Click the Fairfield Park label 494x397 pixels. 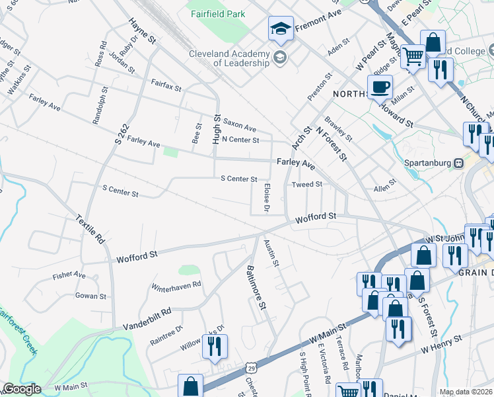point(217,14)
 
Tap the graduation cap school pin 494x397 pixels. point(281,29)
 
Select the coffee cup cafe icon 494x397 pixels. point(380,87)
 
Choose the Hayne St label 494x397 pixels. point(143,31)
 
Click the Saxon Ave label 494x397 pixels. point(239,125)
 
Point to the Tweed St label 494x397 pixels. point(306,184)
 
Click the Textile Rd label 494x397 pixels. point(90,228)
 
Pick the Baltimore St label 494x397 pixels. point(256,288)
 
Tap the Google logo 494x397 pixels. point(22,389)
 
